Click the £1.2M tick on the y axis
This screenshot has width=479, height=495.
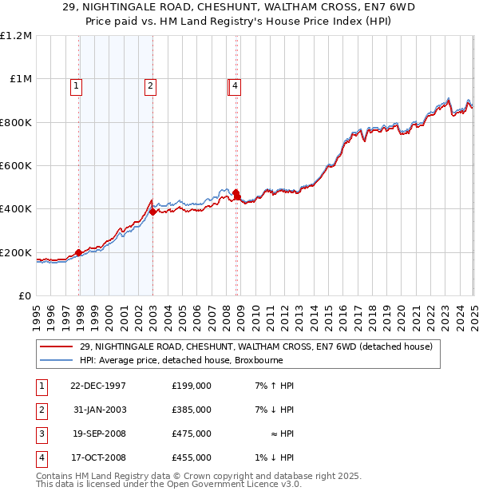(x=16, y=36)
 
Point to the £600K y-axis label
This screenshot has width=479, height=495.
(x=16, y=166)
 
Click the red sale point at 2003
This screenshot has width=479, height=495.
(x=153, y=212)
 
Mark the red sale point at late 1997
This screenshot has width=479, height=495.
(x=79, y=252)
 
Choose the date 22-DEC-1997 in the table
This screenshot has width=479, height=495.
(x=97, y=386)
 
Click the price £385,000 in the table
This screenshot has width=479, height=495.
(x=191, y=410)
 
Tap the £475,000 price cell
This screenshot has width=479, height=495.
(x=191, y=434)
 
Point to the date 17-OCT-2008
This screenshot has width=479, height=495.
(x=97, y=457)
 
